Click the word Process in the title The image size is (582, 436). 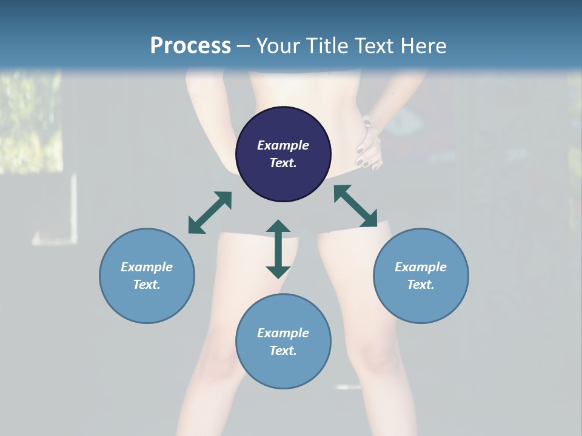(x=190, y=46)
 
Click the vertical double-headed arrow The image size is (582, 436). (x=278, y=249)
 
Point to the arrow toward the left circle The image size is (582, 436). (x=210, y=213)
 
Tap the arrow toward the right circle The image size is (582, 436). (x=355, y=206)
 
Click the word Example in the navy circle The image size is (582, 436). (x=283, y=145)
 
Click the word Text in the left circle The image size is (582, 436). (x=147, y=285)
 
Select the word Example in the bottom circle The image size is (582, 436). (x=283, y=333)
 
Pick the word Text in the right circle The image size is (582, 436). (x=421, y=285)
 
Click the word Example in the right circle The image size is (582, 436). (x=421, y=267)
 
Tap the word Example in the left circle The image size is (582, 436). (x=147, y=267)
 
